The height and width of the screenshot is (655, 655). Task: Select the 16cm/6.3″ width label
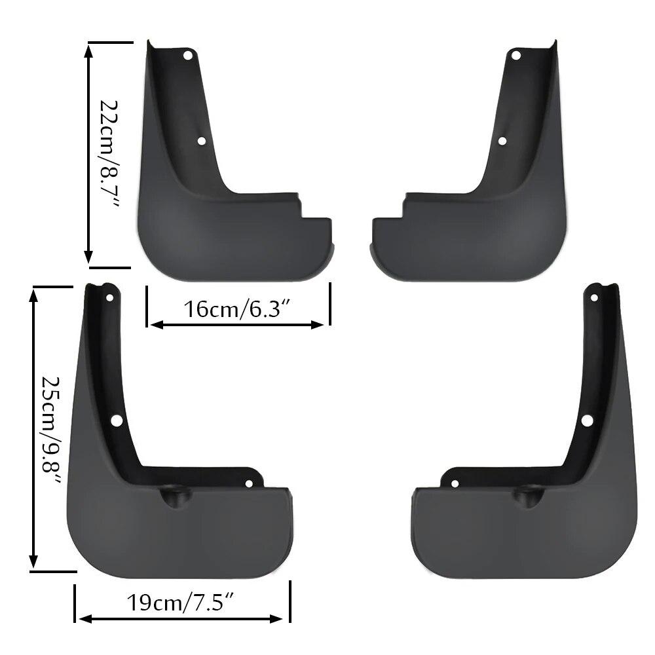point(237,309)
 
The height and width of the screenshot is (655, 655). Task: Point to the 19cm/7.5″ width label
point(181,602)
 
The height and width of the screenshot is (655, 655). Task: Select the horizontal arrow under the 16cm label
point(236,324)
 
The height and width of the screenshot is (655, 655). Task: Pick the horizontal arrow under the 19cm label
point(181,618)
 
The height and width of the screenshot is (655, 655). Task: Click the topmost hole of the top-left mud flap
point(188,56)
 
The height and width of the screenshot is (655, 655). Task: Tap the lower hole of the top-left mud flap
point(202,141)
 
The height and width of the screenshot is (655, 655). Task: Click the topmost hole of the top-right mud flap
point(515,56)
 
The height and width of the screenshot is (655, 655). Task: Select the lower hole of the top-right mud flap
point(502,141)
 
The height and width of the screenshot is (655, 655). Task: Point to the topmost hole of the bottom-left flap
point(109,298)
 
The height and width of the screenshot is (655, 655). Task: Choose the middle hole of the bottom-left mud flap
point(117,421)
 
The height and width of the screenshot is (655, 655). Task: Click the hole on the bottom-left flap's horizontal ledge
point(249,484)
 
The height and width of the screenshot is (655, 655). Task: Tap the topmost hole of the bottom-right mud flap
point(594,298)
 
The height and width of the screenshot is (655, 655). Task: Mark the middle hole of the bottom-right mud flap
point(587,421)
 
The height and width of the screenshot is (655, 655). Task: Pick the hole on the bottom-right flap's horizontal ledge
point(455,484)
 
